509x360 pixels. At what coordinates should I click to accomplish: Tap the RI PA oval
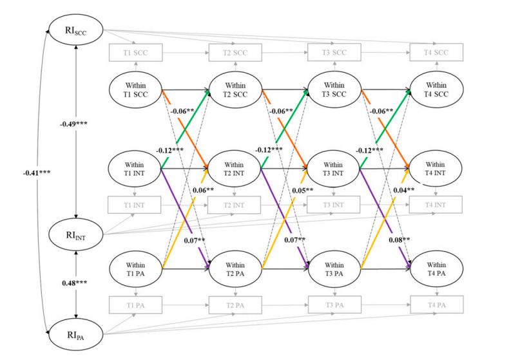(75, 334)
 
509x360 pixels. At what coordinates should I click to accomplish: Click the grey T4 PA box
(436, 304)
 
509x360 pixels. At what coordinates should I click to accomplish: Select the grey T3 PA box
(334, 304)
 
